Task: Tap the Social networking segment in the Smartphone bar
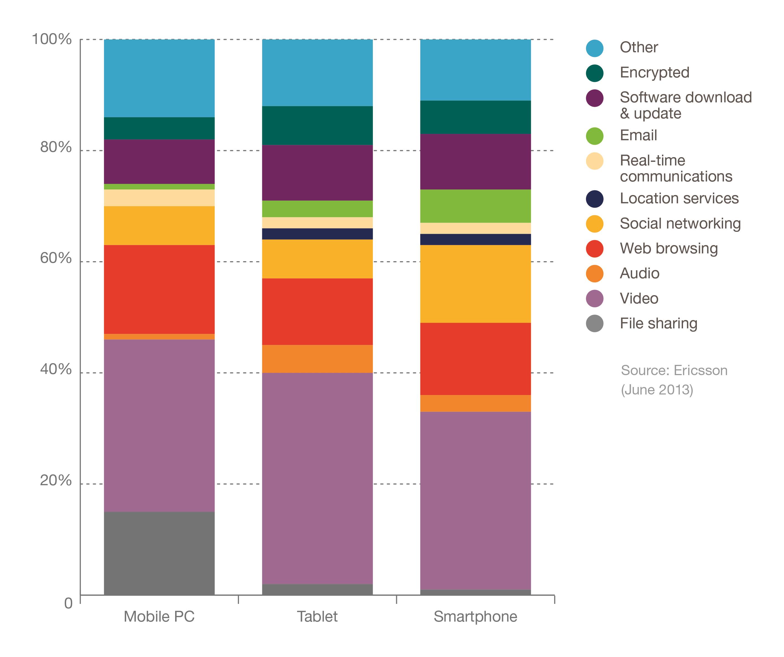(475, 284)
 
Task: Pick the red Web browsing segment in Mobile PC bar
(159, 289)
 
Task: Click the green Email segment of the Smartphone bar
(475, 206)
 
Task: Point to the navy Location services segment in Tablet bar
(317, 234)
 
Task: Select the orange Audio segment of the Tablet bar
(317, 359)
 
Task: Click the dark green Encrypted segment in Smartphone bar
(475, 117)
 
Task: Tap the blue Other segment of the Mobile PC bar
(159, 78)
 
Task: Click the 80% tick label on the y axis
(56, 147)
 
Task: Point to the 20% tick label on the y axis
(56, 481)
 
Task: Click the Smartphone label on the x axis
(475, 617)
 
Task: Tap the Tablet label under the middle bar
(317, 617)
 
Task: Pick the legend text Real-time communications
(676, 168)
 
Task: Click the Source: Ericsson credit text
(674, 371)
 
